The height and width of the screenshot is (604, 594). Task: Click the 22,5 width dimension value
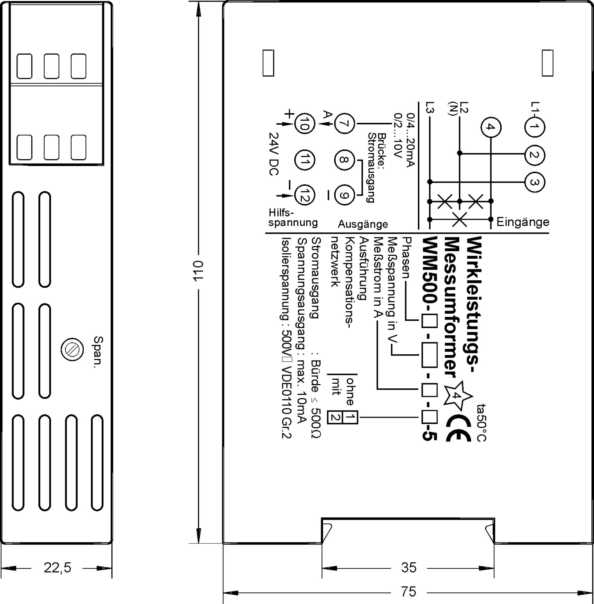pyautogui.click(x=57, y=568)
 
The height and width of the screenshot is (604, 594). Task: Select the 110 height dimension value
pyautogui.click(x=198, y=271)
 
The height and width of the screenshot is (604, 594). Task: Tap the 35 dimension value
pyautogui.click(x=409, y=568)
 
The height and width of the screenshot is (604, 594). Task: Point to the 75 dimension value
pyautogui.click(x=409, y=592)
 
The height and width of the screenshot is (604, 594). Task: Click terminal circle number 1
pyautogui.click(x=534, y=127)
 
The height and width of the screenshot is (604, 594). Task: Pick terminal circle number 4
pyautogui.click(x=491, y=127)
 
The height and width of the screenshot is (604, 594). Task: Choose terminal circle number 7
pyautogui.click(x=344, y=124)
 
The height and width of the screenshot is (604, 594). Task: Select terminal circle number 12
pyautogui.click(x=304, y=195)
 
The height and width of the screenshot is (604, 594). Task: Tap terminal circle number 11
pyautogui.click(x=304, y=160)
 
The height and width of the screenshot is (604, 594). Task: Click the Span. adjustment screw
pyautogui.click(x=72, y=350)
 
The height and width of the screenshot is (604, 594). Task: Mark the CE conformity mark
pyautogui.click(x=458, y=428)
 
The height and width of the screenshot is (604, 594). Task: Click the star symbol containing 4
pyautogui.click(x=458, y=395)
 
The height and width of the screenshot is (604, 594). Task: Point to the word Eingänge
pyautogui.click(x=523, y=222)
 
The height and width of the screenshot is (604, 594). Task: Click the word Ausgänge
pyautogui.click(x=363, y=224)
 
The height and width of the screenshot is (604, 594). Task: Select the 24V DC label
pyautogui.click(x=274, y=154)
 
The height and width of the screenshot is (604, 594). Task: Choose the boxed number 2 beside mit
pyautogui.click(x=335, y=418)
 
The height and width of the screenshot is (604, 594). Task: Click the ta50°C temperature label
pyautogui.click(x=482, y=422)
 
